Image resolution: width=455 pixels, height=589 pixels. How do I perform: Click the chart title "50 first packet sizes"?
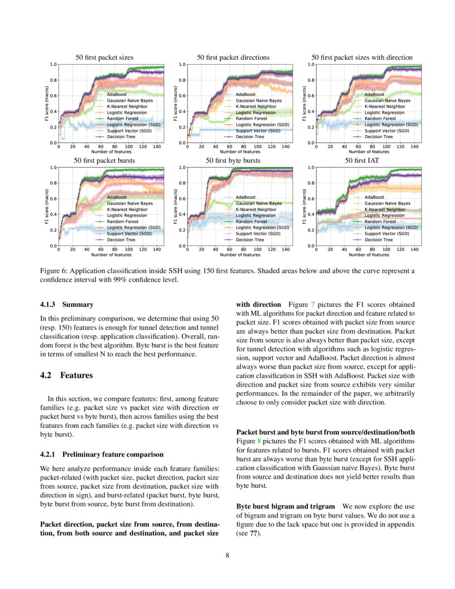pos(104,57)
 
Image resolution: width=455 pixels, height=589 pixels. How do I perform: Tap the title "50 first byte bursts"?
pos(233,160)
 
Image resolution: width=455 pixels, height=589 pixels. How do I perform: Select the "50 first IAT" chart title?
pos(362,160)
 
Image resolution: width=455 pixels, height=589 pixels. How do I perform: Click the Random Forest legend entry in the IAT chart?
pos(379,221)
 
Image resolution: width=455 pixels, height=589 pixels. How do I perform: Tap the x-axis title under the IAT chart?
pos(369,254)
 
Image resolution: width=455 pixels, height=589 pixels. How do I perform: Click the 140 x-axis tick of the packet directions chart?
pos(286,146)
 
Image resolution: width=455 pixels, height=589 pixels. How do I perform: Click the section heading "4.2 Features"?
pos(66,375)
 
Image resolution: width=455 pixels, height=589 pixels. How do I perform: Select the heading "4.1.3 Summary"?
pos(66,305)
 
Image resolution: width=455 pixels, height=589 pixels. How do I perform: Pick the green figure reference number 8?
pos(260,441)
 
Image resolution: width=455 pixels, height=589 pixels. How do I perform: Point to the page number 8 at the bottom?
pos(227,555)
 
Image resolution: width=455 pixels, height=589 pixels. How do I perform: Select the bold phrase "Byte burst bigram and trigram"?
pos(285,506)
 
